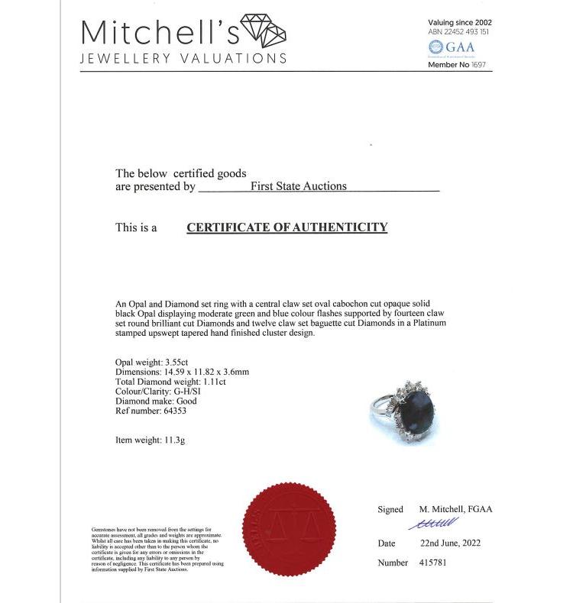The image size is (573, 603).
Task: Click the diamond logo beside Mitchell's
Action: click(x=262, y=31)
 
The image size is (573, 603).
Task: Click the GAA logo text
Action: click(x=460, y=47)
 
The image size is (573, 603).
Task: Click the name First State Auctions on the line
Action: click(x=299, y=186)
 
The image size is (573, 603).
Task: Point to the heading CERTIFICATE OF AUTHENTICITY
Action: click(x=286, y=227)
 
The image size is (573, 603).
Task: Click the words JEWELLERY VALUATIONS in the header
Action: click(x=183, y=59)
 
